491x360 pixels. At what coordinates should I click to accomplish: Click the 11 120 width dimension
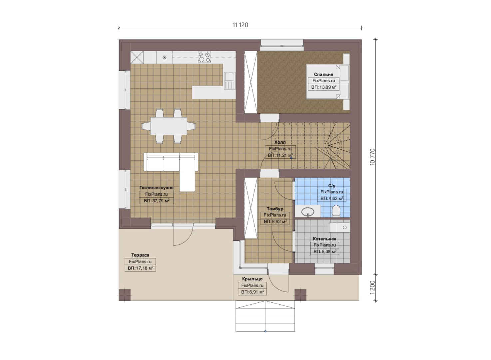[240, 25]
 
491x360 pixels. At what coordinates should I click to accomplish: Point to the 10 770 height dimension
[372, 157]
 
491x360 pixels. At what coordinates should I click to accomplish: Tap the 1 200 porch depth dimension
[372, 287]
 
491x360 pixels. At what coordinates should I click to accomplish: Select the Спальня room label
[323, 75]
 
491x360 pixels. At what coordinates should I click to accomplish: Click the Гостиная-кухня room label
[156, 188]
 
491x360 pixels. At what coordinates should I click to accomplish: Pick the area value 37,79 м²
[157, 201]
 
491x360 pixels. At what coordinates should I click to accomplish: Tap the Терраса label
[140, 255]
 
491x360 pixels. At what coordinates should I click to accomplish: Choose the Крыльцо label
[252, 279]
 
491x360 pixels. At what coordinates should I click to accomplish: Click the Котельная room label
[325, 239]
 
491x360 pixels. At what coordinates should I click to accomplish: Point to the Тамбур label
[275, 209]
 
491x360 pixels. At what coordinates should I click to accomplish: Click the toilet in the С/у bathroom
[336, 211]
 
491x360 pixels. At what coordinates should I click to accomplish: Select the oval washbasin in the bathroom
[308, 212]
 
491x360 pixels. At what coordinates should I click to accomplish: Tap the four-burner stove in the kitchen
[204, 57]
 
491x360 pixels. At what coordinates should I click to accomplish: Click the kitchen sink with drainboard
[230, 81]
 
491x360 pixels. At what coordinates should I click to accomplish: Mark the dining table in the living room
[168, 126]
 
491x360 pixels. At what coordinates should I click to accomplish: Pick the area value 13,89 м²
[324, 87]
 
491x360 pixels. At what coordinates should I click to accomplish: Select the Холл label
[280, 142]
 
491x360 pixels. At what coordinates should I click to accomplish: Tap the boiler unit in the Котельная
[340, 228]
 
